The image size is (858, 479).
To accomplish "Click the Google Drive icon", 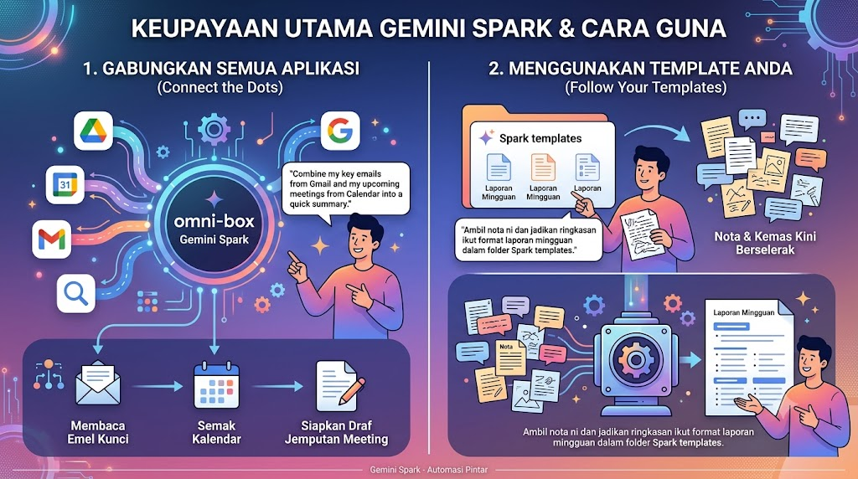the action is [93, 131].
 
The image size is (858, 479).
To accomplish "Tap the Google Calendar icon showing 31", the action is [65, 184].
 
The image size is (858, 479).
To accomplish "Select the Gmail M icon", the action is [51, 239].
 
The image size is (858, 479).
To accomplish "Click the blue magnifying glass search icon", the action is [76, 294].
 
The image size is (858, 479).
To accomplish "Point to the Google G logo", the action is [340, 131].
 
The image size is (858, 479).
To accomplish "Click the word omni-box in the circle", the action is [214, 221].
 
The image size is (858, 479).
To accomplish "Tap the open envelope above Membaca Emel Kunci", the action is [98, 383].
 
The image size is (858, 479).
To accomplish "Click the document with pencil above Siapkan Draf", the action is [339, 385].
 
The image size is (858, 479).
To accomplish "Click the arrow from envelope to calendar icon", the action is [158, 387].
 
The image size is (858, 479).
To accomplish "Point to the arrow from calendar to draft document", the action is [278, 387].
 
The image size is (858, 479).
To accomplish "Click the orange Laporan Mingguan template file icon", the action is [543, 167].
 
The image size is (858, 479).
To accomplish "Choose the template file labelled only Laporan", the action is [587, 167].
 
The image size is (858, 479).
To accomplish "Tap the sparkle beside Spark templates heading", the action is [486, 138].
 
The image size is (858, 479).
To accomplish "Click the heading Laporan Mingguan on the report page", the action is [744, 312].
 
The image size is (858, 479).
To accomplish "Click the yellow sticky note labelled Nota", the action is [510, 358].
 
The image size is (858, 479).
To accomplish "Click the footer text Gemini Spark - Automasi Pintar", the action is [428, 470].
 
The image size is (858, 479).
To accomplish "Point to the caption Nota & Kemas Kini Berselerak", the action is [764, 244].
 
